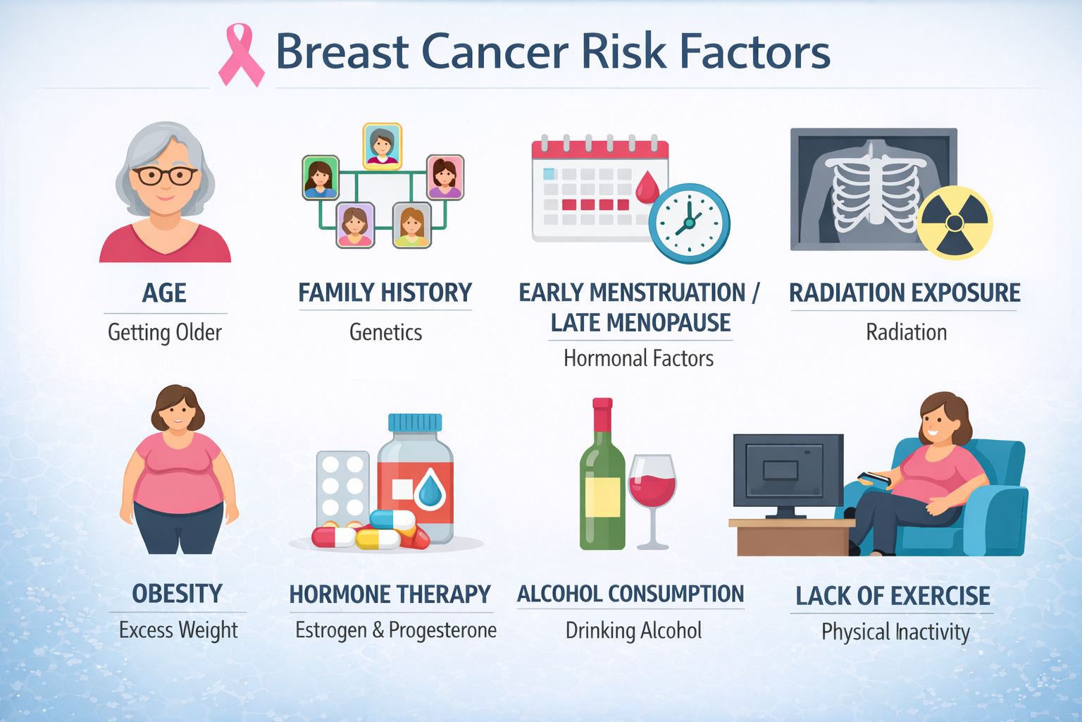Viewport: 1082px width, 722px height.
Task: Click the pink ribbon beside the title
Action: (x=241, y=55)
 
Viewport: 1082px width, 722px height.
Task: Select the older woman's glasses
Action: (x=165, y=175)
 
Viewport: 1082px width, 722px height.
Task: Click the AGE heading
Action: (x=164, y=293)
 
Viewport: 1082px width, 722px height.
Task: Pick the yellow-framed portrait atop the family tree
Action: (x=383, y=146)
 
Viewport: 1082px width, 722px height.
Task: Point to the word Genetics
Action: (x=385, y=332)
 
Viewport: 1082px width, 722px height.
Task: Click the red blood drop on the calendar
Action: (x=647, y=188)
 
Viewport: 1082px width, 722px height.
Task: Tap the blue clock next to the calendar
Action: (x=689, y=224)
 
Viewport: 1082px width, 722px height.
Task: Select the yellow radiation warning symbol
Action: (x=954, y=223)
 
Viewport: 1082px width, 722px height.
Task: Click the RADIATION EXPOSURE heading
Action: (x=904, y=293)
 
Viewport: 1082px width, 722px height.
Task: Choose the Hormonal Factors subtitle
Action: (x=638, y=358)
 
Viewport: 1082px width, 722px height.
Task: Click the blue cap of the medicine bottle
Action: (x=415, y=422)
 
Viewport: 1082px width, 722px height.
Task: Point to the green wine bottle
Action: (x=602, y=479)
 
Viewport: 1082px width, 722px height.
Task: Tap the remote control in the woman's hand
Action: (x=874, y=478)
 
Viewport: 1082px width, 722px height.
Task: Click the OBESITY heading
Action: (x=177, y=594)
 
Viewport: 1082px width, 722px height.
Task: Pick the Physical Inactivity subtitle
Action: (x=895, y=632)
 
